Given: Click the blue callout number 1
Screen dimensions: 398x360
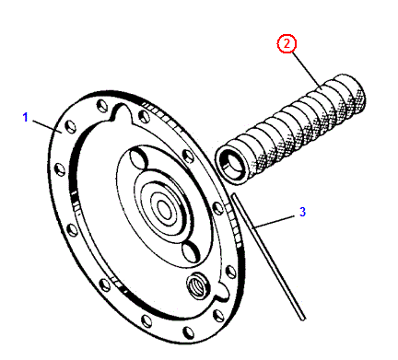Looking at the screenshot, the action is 26,117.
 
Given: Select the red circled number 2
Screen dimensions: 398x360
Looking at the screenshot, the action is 287,43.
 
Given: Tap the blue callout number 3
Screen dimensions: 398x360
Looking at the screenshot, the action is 302,212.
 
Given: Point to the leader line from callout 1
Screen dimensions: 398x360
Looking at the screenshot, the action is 47,127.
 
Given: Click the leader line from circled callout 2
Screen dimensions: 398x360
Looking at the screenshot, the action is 306,69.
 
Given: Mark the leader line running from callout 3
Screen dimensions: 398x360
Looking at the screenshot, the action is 274,222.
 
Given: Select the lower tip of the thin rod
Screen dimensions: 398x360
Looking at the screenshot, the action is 303,319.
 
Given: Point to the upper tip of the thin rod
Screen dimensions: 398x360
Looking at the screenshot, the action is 234,195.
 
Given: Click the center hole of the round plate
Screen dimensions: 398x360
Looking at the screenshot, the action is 164,210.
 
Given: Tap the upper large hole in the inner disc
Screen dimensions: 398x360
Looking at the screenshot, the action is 138,159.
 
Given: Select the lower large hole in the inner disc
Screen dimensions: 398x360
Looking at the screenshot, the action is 191,251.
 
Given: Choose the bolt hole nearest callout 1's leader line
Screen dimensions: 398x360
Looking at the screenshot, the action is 71,127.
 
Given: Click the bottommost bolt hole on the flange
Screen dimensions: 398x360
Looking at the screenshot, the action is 188,333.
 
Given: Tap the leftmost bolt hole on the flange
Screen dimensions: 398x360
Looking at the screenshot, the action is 60,169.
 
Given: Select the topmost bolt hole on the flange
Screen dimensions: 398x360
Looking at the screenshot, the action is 101,106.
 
